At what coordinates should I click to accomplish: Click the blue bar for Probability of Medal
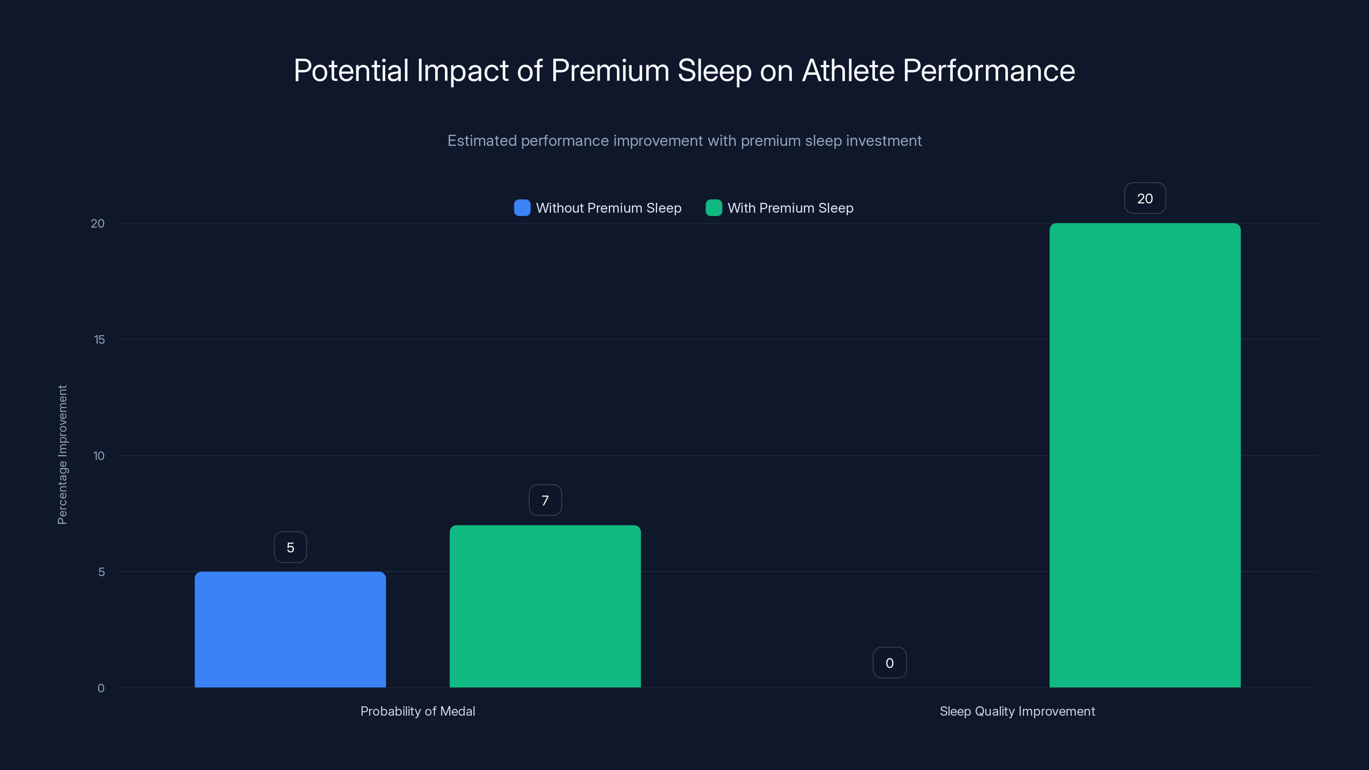[290, 629]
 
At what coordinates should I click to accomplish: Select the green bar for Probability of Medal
[545, 606]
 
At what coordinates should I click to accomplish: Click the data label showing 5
[290, 548]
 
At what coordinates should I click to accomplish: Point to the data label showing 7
[545, 500]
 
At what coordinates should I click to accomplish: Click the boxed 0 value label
[890, 663]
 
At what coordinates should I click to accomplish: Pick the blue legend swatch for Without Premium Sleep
[522, 208]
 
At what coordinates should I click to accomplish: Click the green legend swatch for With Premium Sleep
[713, 208]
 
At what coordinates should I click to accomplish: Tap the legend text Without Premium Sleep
[608, 208]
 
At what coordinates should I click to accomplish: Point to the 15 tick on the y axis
[99, 340]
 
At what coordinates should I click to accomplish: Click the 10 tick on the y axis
[99, 456]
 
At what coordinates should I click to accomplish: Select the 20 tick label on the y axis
[98, 223]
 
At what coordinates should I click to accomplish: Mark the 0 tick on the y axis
[101, 688]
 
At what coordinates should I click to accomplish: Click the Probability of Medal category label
[418, 711]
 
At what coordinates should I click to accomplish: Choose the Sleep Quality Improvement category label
[1017, 711]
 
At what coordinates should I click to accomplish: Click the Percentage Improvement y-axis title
[62, 455]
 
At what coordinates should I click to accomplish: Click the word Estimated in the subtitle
[482, 141]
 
